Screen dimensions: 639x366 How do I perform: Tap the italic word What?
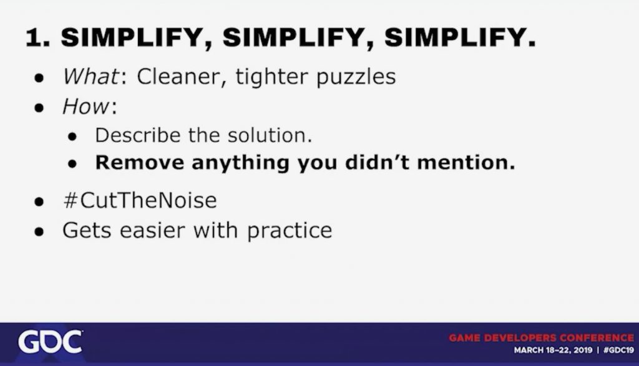90,76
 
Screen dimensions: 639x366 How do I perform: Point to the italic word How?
85,106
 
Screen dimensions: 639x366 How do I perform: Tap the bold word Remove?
140,163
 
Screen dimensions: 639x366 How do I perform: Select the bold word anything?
240,163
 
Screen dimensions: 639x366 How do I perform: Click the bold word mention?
466,163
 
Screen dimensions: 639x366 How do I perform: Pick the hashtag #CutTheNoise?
140,200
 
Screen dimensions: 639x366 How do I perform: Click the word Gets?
87,230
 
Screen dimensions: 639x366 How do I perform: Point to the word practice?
290,231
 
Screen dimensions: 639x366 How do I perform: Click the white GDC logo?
50,342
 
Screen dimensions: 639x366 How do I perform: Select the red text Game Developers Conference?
542,338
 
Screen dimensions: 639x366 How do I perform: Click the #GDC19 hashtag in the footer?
618,350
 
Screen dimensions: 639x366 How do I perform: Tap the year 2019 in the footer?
583,350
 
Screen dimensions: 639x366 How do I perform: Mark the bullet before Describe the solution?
72,137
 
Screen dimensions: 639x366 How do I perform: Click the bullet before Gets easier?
39,232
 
